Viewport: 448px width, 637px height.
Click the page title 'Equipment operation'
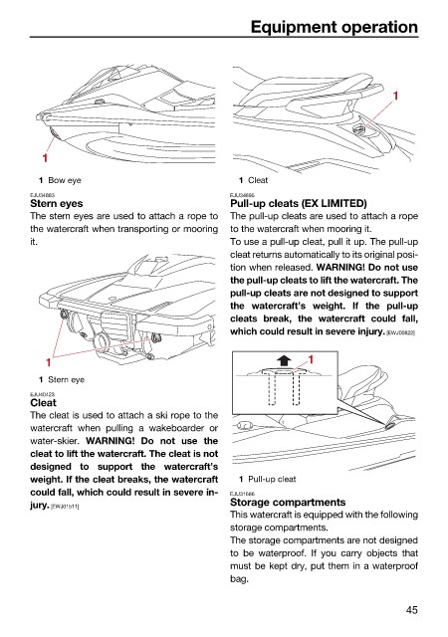(x=335, y=27)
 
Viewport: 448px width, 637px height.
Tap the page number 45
(x=411, y=610)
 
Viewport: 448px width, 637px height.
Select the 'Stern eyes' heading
(x=57, y=203)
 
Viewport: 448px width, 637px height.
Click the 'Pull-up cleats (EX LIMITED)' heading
(x=299, y=203)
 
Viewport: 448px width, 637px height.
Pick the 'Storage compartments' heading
(x=288, y=502)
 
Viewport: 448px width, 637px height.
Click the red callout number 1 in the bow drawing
(x=45, y=157)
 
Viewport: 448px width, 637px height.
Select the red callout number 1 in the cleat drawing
(x=395, y=96)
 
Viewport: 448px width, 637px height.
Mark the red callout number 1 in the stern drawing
(x=49, y=362)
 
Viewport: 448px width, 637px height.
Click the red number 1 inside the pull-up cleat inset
(x=311, y=359)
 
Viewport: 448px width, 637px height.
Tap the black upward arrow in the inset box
(x=284, y=360)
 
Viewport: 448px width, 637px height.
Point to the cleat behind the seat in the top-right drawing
(x=358, y=129)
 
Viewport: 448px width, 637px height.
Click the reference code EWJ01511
(x=65, y=507)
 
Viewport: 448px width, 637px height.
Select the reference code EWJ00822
(x=400, y=332)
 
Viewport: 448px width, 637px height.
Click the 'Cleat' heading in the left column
(x=43, y=402)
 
